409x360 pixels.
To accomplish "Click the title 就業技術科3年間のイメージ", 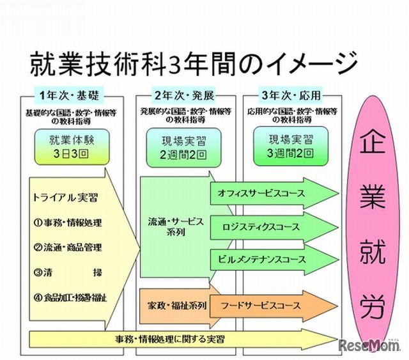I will click(192, 65).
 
